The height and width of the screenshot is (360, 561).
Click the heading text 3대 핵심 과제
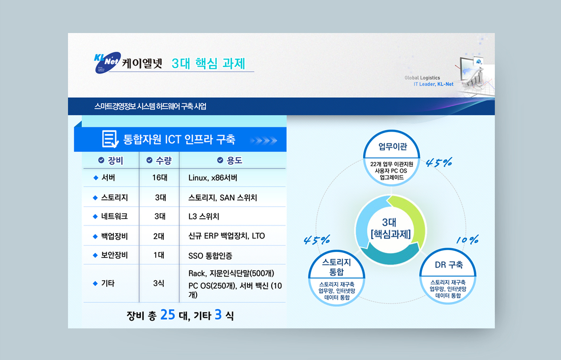click(208, 63)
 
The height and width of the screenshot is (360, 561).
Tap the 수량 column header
click(159, 160)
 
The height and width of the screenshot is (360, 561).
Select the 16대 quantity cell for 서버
click(160, 178)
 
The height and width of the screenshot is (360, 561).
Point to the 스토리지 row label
click(114, 198)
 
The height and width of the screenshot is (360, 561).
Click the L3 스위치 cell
click(204, 216)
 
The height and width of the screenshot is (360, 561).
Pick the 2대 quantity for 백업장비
click(159, 236)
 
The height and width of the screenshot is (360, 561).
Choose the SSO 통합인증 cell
click(210, 256)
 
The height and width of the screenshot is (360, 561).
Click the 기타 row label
click(108, 283)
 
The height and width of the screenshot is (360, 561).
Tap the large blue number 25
click(168, 315)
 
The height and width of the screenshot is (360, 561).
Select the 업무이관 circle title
click(392, 147)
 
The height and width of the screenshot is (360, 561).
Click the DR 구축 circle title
click(449, 265)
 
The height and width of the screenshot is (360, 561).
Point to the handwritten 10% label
click(467, 240)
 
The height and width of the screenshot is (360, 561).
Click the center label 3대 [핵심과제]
click(391, 228)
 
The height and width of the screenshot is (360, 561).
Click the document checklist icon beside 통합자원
click(110, 139)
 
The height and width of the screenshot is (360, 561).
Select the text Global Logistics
click(422, 77)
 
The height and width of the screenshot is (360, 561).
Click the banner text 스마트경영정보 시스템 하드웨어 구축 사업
click(150, 106)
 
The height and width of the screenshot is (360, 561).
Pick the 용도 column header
click(229, 160)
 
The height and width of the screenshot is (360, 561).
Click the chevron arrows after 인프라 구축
click(263, 141)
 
